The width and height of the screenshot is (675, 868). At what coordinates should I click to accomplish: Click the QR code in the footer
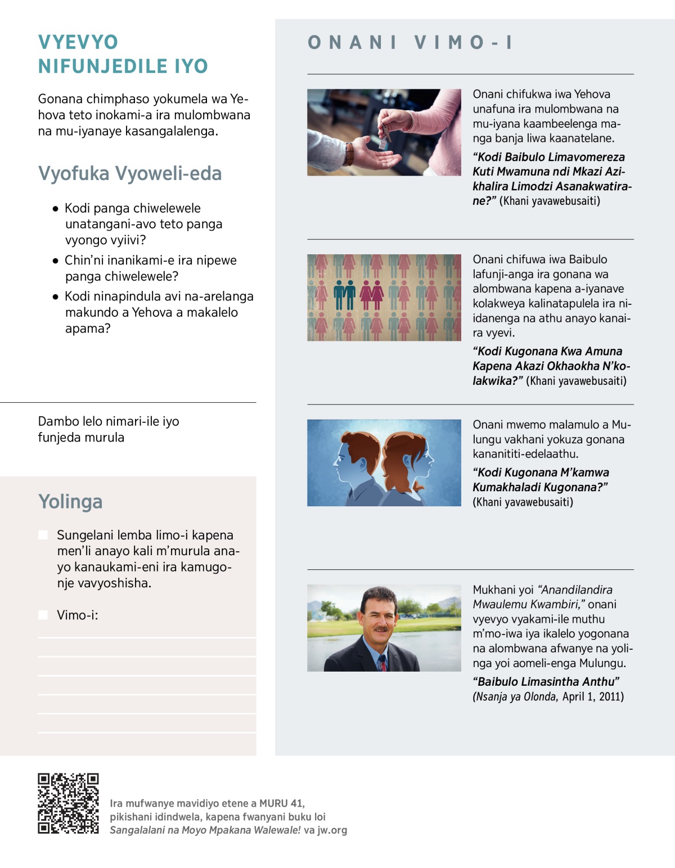(x=68, y=803)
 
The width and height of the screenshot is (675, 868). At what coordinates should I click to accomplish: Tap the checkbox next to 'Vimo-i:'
(x=43, y=615)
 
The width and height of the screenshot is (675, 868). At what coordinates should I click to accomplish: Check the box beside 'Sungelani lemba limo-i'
(x=43, y=535)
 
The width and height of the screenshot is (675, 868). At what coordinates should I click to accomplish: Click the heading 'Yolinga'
(x=70, y=501)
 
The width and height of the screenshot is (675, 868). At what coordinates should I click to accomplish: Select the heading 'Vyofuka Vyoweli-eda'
(x=130, y=173)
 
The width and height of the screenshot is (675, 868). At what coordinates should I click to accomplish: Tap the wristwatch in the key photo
(x=349, y=152)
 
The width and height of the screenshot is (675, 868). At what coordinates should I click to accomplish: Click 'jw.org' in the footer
(x=332, y=830)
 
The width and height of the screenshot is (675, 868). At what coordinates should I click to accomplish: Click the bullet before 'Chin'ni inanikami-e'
(x=55, y=260)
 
